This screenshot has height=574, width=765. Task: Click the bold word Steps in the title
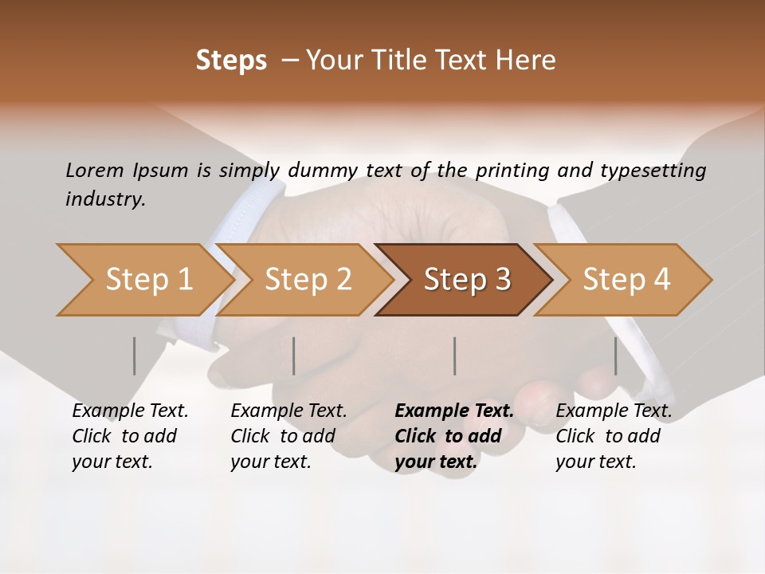231,61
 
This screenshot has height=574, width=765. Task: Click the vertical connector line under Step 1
135,356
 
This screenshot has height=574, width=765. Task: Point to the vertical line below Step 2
294,356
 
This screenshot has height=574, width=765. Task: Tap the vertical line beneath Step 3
454,356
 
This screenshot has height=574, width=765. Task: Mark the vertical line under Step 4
615,356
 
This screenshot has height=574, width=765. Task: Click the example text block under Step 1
130,436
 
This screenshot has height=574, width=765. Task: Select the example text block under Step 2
288,436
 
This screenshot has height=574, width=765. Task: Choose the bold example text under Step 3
454,436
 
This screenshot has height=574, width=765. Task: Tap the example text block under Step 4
614,436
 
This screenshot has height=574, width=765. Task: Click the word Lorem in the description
95,170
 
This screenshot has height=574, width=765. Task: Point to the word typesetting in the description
659,170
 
